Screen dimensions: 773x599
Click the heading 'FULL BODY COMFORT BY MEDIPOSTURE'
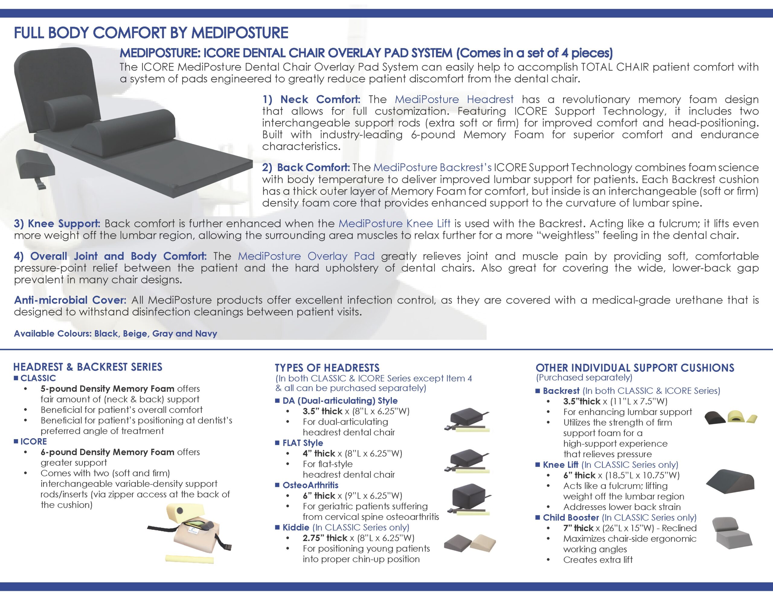click(151, 33)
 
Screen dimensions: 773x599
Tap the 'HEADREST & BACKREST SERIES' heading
click(88, 367)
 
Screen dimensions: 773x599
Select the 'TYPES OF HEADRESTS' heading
click(327, 368)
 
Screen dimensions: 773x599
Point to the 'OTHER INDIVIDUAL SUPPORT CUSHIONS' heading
click(635, 368)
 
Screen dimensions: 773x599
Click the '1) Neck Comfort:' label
click(312, 99)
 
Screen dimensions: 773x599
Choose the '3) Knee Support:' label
click(57, 224)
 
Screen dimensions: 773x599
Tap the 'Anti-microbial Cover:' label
click(70, 300)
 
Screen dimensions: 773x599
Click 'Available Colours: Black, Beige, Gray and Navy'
click(115, 333)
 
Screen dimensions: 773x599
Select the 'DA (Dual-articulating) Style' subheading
click(340, 401)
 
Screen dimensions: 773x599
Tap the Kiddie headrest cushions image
click(470, 542)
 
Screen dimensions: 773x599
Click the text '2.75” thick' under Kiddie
click(325, 538)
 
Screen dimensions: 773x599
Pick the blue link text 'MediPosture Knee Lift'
click(394, 224)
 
